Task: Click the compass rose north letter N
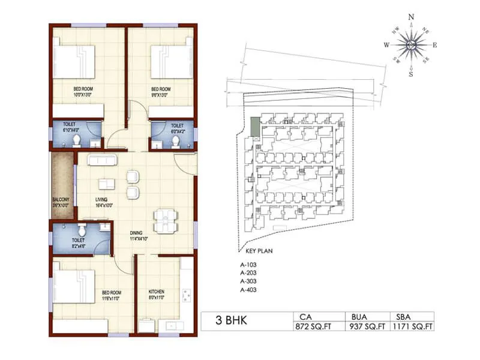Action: coord(411,17)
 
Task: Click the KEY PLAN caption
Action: coord(260,251)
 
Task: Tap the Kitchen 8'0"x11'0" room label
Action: coord(156,295)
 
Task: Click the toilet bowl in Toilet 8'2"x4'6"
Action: coord(82,230)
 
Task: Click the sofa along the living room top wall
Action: coord(104,161)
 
